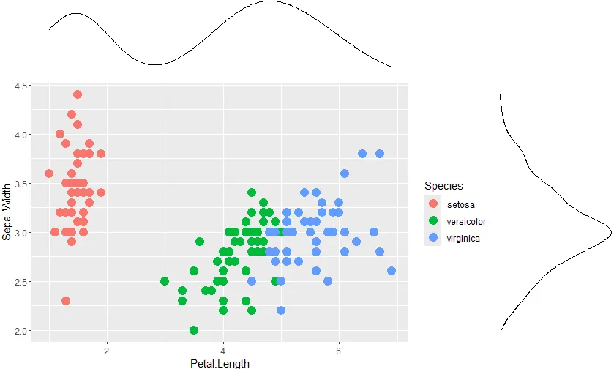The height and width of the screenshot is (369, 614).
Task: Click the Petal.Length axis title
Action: point(220,364)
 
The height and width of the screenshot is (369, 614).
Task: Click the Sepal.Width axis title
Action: point(7,212)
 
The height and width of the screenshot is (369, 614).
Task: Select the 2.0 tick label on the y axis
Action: point(20,331)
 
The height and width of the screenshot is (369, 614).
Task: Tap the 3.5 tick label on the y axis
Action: point(20,184)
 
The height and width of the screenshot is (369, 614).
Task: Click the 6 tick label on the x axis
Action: point(339,351)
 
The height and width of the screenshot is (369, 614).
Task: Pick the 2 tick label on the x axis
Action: point(107,351)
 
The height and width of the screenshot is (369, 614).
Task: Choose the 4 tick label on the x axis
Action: point(222,351)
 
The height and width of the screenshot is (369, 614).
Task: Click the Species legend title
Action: point(443,186)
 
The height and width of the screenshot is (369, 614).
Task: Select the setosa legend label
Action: point(461,205)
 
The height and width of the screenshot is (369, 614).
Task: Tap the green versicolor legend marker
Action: point(433,221)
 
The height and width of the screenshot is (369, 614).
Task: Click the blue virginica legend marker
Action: point(433,238)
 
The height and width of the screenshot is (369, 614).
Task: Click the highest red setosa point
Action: point(78,94)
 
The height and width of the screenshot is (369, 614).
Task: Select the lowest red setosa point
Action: point(66,301)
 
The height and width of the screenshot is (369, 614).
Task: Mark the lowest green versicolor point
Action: point(194,330)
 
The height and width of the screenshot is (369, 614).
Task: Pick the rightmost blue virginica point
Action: point(392,271)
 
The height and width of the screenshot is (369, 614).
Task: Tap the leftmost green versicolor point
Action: point(165,281)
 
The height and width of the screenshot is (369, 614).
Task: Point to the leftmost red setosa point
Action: point(49,173)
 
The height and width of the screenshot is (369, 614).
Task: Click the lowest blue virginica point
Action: point(281,310)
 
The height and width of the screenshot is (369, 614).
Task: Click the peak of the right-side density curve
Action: point(611,233)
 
